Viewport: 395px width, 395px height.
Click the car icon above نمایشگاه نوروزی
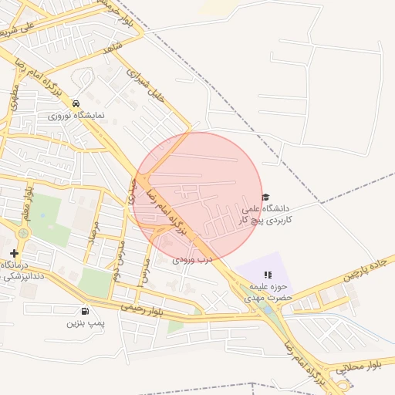click(x=76, y=103)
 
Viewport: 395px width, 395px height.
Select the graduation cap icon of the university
click(x=266, y=197)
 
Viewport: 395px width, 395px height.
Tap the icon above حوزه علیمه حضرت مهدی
click(x=268, y=275)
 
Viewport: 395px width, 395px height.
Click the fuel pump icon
click(x=73, y=310)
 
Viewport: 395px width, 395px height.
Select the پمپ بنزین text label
click(x=85, y=323)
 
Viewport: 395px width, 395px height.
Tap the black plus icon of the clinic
click(x=14, y=253)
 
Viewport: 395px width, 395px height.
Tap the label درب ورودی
click(x=192, y=261)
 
